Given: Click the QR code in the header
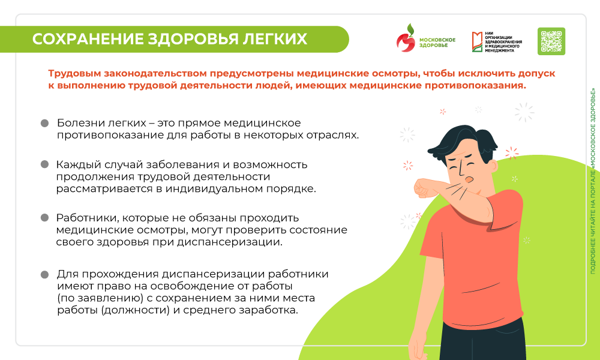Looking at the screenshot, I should click(x=551, y=41).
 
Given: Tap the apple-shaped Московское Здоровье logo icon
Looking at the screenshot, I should click(x=406, y=40).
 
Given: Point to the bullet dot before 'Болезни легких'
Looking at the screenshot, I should click(x=44, y=123).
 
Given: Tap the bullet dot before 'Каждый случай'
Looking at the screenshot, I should click(x=44, y=164).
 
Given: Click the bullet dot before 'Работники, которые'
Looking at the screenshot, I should click(x=44, y=218).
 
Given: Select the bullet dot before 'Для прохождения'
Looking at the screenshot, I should click(x=44, y=274).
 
